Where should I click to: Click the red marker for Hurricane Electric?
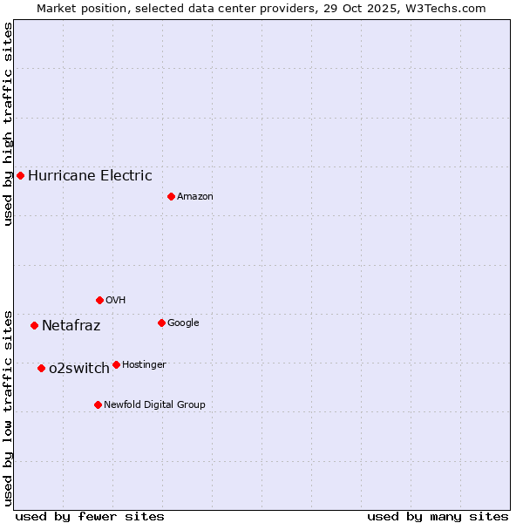(x=20, y=175)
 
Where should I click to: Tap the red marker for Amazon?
(x=171, y=196)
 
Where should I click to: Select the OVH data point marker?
(x=99, y=300)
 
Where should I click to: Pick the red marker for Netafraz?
(x=34, y=325)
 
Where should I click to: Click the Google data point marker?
(x=161, y=323)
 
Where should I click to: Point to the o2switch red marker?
(x=41, y=368)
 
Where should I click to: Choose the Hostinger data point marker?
(x=116, y=364)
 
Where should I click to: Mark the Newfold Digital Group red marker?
(x=98, y=404)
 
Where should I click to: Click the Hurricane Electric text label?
(x=90, y=175)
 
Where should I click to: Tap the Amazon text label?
(x=195, y=196)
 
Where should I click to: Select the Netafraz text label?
(x=71, y=326)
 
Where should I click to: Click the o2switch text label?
(x=79, y=368)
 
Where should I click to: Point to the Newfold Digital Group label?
(x=155, y=404)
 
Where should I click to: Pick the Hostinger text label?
(x=144, y=364)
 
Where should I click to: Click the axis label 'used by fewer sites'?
(x=90, y=516)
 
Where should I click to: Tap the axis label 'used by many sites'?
(x=438, y=516)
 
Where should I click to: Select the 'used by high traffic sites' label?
(x=8, y=124)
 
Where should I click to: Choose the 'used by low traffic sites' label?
(x=8, y=408)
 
